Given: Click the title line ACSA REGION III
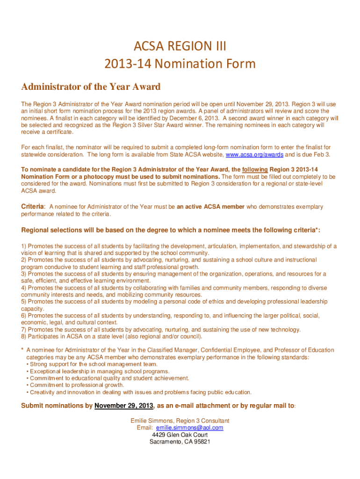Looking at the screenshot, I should click(180, 46).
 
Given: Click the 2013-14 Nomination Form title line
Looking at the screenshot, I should click(180, 63).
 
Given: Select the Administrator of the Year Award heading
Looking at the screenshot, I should click(91, 87).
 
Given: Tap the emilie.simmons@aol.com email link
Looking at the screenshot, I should click(189, 428).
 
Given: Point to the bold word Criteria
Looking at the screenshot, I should click(33, 206).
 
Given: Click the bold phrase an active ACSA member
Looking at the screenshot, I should click(210, 206).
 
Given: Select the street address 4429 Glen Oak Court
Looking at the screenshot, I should click(180, 435).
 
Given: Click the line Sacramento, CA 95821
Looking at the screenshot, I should click(180, 442).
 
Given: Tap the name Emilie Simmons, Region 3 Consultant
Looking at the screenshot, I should click(180, 421).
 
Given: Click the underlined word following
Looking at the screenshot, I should click(255, 169).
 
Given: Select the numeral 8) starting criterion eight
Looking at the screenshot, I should click(24, 336).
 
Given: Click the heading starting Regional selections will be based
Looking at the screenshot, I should click(171, 230).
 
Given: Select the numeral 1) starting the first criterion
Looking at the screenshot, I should click(24, 246).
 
